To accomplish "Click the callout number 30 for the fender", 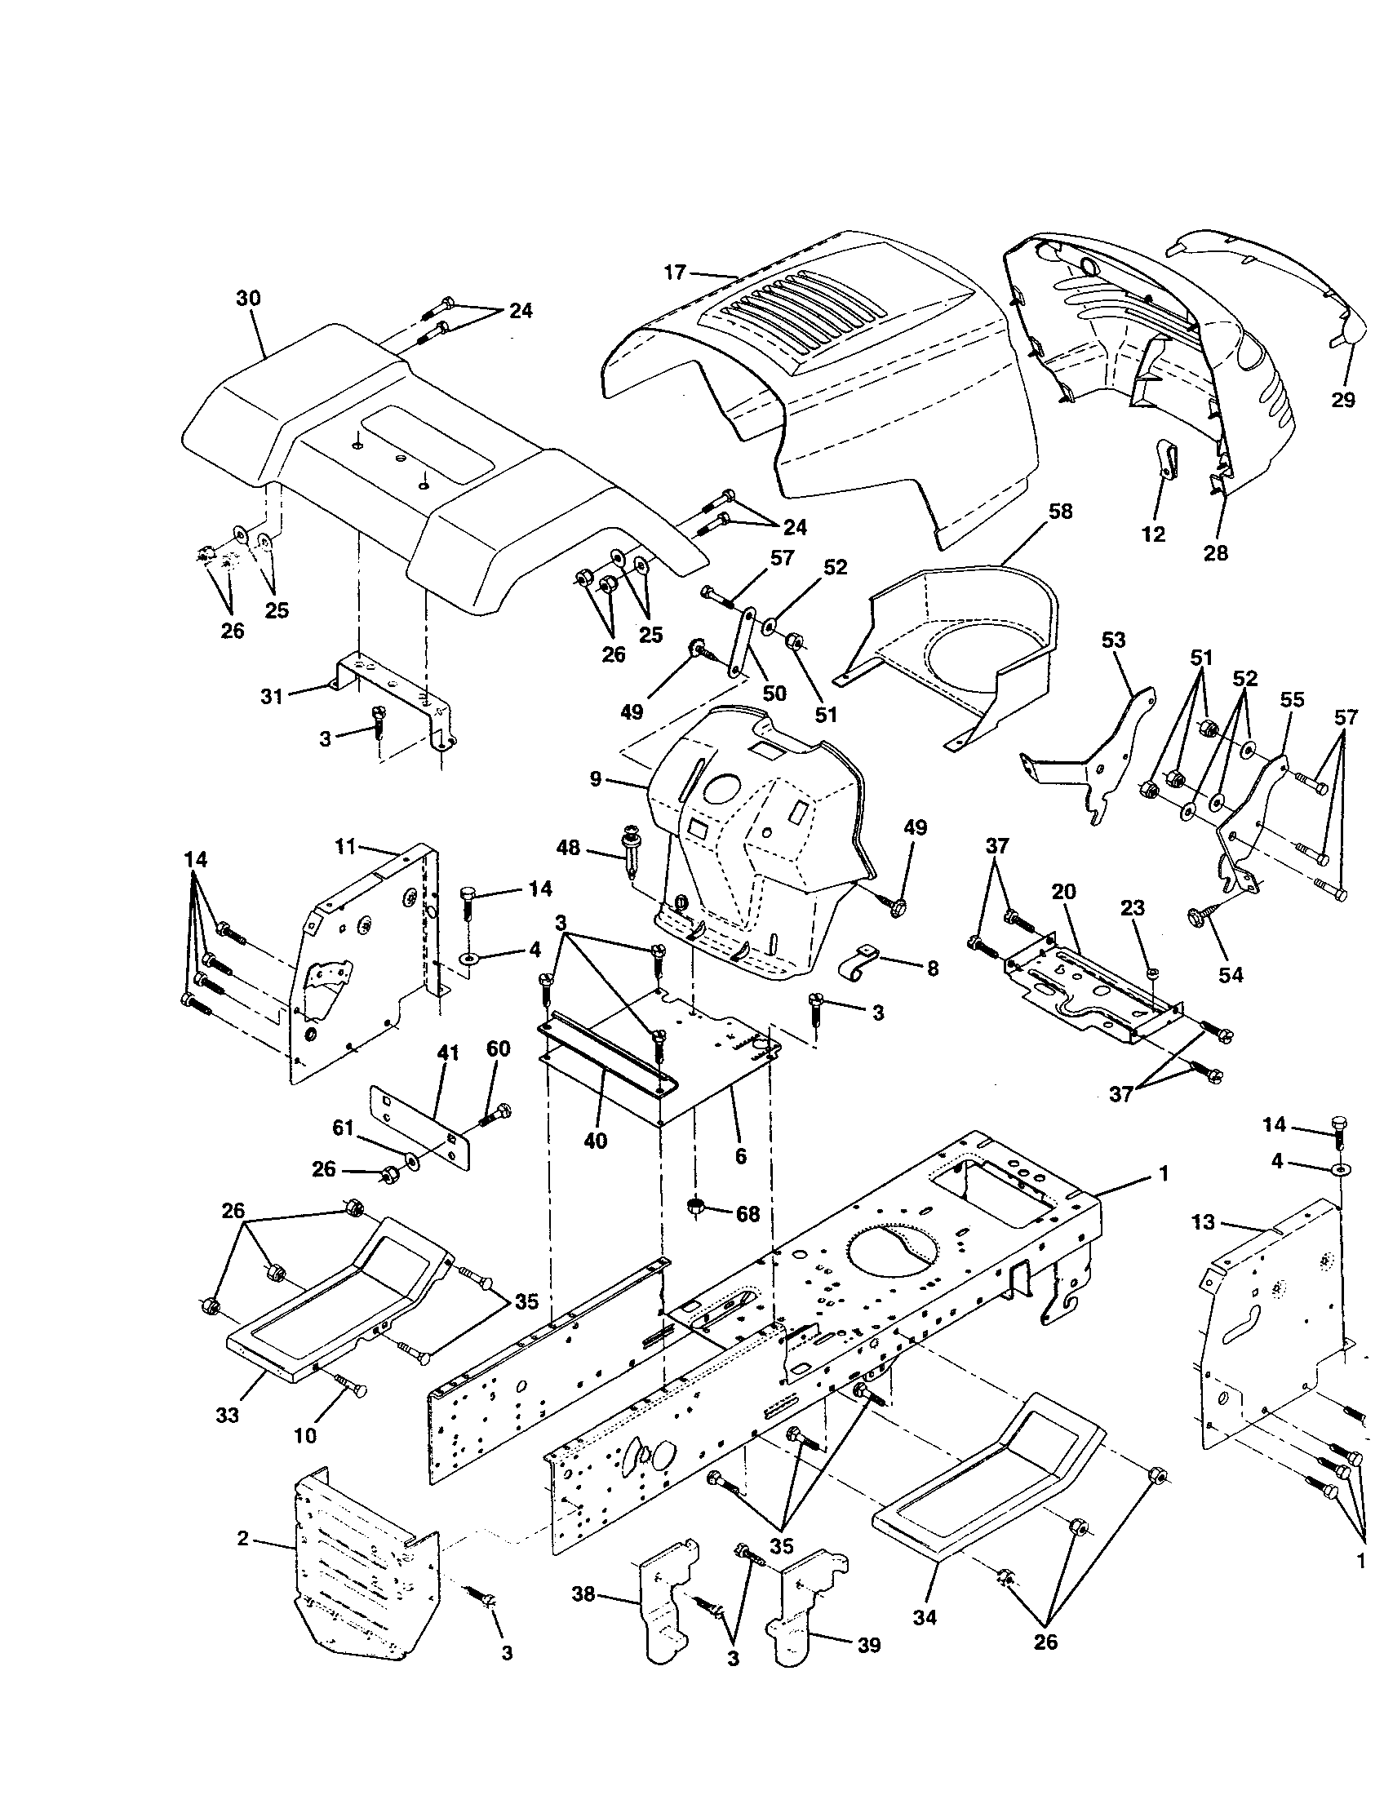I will pos(247,299).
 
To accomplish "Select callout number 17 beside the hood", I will pos(674,272).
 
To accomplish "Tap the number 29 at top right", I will pos(1342,401).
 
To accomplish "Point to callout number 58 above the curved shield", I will pos(1060,512).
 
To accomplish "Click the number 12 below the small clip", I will pos(1153,534).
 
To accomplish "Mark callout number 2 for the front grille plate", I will pos(242,1537).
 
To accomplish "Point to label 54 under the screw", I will pos(1231,975).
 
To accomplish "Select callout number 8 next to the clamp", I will pos(932,968).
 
